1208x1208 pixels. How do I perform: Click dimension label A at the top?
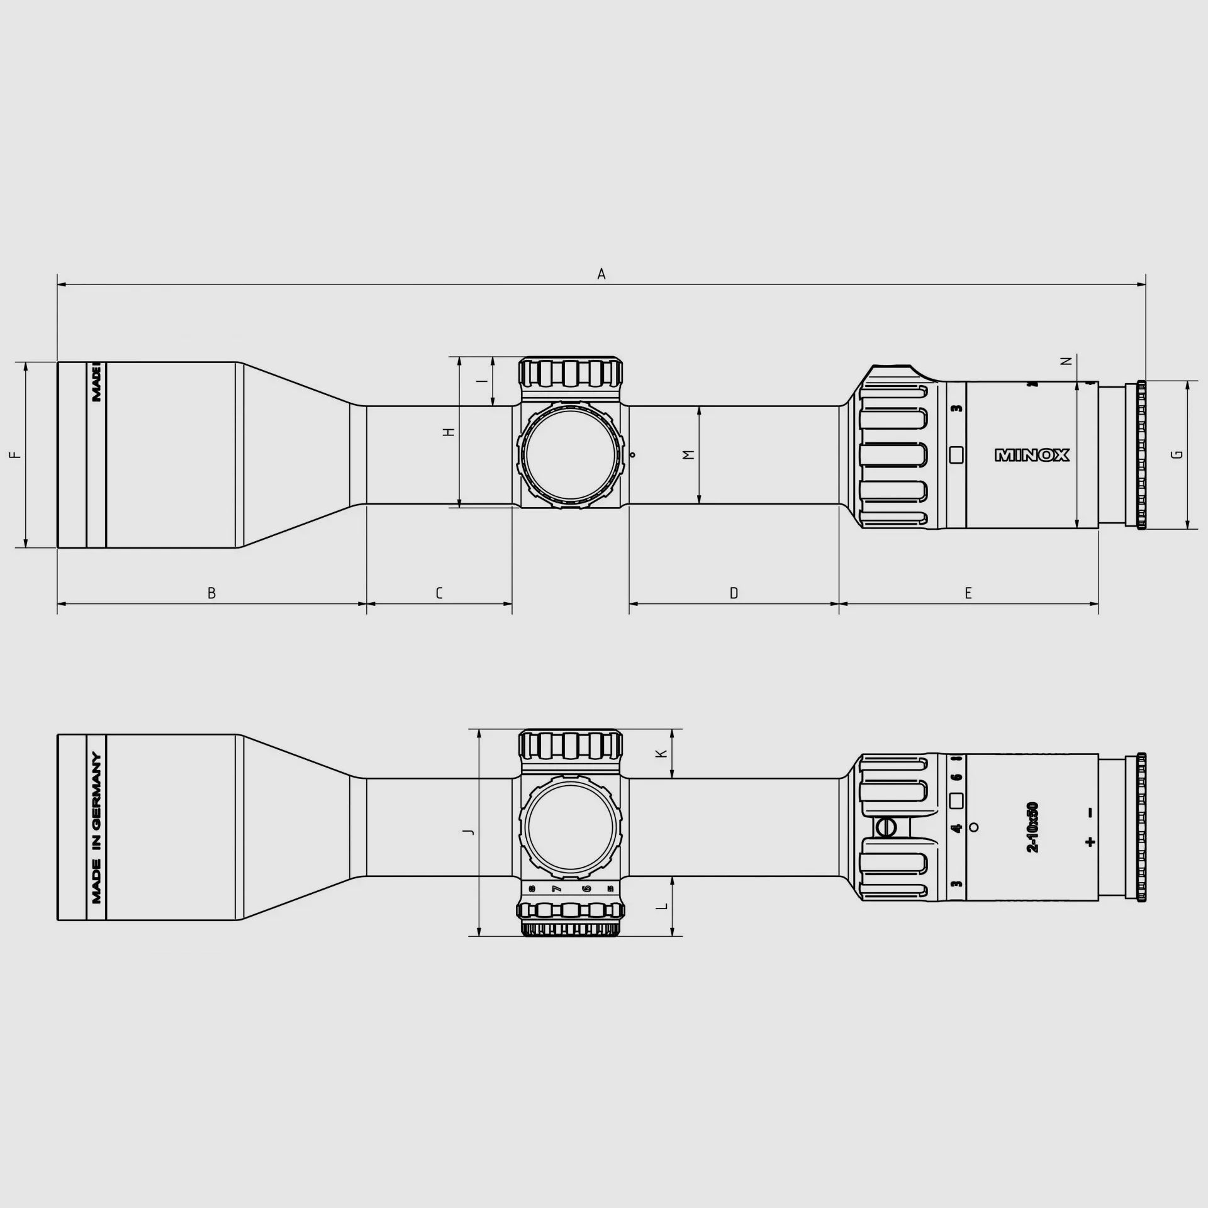pyautogui.click(x=601, y=274)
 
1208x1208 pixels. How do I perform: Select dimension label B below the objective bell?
pyautogui.click(x=212, y=593)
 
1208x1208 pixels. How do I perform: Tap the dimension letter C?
pyautogui.click(x=439, y=593)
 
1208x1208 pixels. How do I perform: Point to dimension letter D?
pyautogui.click(x=734, y=593)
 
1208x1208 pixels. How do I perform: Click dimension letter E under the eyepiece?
pyautogui.click(x=968, y=593)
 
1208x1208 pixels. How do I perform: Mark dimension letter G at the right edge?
pyautogui.click(x=1178, y=454)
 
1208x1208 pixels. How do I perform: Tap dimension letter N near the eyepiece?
pyautogui.click(x=1066, y=361)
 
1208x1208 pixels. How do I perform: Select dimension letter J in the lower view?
pyautogui.click(x=468, y=832)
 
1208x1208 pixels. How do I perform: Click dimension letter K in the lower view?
pyautogui.click(x=661, y=753)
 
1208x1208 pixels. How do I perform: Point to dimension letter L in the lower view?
pyautogui.click(x=661, y=907)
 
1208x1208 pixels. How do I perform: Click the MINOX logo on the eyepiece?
pyautogui.click(x=1032, y=455)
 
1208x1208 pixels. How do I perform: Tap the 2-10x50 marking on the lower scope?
pyautogui.click(x=1032, y=827)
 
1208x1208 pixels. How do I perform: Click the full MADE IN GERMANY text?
pyautogui.click(x=96, y=827)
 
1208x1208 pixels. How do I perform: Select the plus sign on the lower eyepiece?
pyautogui.click(x=1090, y=842)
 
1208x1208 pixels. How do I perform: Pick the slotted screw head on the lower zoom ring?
pyautogui.click(x=885, y=827)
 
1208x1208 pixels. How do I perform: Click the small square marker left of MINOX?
pyautogui.click(x=956, y=454)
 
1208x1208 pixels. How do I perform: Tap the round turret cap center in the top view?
pyautogui.click(x=570, y=454)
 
